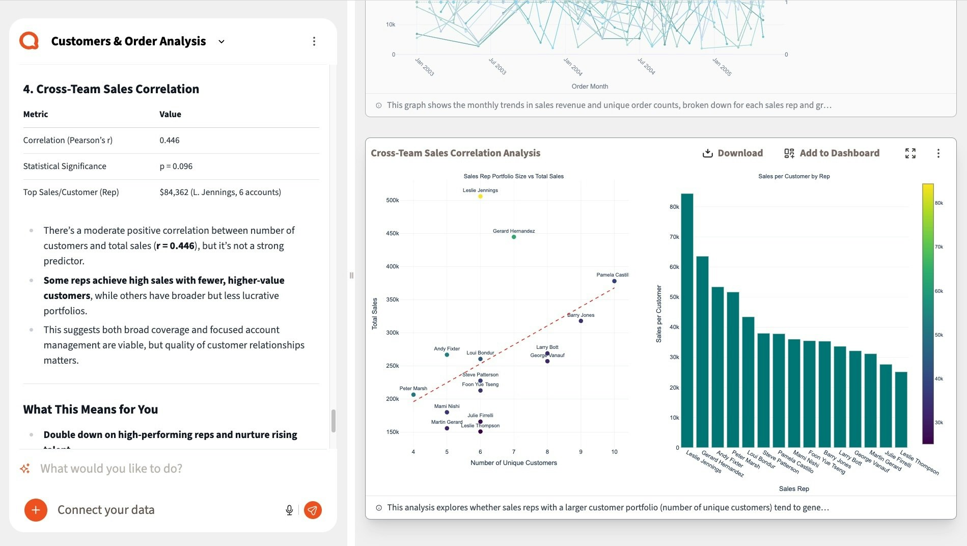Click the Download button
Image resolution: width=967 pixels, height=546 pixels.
732,153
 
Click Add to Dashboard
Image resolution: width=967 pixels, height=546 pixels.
832,153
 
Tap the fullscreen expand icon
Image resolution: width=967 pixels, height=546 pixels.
910,153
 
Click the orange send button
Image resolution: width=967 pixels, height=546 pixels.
313,510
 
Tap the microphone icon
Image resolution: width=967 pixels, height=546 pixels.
289,510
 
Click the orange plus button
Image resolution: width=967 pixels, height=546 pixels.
36,510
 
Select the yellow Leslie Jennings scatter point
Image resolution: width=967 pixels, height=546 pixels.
480,197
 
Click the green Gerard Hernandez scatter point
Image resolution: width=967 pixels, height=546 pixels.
514,237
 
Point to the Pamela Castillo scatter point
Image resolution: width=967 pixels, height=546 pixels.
614,281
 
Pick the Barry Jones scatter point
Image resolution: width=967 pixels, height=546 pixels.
581,321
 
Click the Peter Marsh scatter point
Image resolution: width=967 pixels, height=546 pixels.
413,395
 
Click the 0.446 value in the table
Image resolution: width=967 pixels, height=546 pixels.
170,140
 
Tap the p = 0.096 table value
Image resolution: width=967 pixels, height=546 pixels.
176,166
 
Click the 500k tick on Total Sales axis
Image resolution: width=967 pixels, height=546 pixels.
392,200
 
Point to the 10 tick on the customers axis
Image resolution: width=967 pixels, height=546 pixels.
614,452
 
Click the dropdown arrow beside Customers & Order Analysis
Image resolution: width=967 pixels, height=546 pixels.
222,42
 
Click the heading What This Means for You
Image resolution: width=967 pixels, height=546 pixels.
91,410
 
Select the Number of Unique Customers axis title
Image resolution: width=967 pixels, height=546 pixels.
513,463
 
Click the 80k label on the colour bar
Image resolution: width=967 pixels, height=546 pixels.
938,203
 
